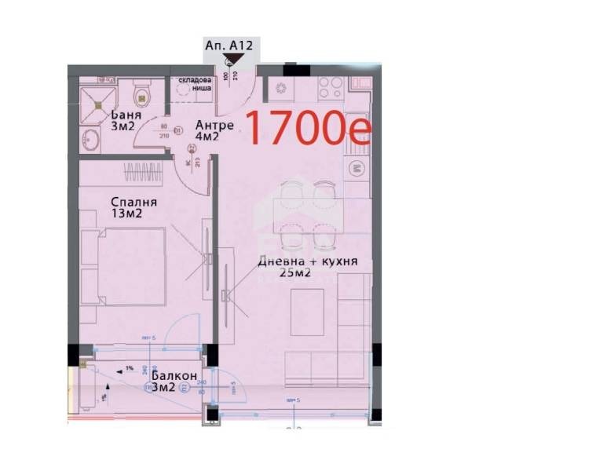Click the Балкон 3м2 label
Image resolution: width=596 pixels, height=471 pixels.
169,382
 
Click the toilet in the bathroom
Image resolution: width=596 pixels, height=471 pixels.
143,95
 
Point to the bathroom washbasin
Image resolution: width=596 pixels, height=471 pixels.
90,141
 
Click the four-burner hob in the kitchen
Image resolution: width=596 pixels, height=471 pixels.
328,87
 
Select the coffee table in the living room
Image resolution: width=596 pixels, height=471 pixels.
307,311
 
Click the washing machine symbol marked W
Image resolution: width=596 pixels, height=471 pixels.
356,167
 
